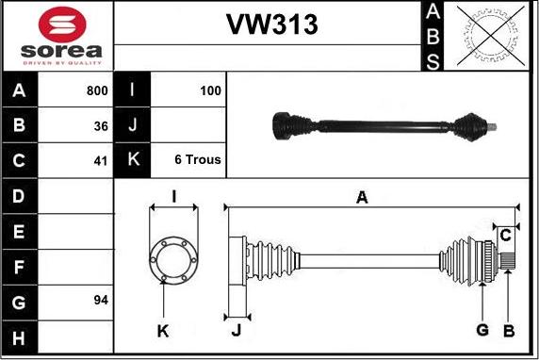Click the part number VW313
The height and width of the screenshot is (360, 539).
(x=270, y=25)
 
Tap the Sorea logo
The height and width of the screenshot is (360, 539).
(x=59, y=36)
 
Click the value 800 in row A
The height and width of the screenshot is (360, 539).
(x=96, y=91)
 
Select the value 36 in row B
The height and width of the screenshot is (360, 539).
(x=101, y=125)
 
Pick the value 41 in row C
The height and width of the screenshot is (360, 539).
(x=101, y=159)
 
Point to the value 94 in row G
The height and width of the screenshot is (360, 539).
(x=101, y=301)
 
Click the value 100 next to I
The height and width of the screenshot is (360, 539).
(x=210, y=91)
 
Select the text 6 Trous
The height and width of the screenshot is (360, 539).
(x=198, y=159)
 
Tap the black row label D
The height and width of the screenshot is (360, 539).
(x=20, y=196)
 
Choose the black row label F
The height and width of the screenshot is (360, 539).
(x=20, y=267)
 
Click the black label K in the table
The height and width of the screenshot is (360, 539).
(x=132, y=159)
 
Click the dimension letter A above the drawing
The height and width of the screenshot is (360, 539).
(x=361, y=197)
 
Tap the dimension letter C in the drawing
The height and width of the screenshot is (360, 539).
(x=505, y=234)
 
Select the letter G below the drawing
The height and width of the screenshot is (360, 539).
(x=482, y=330)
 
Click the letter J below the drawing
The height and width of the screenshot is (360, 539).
(x=237, y=330)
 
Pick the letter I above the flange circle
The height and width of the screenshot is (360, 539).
(x=173, y=197)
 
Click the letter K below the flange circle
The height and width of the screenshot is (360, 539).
(x=163, y=331)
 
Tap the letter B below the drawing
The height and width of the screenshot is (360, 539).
(x=508, y=330)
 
